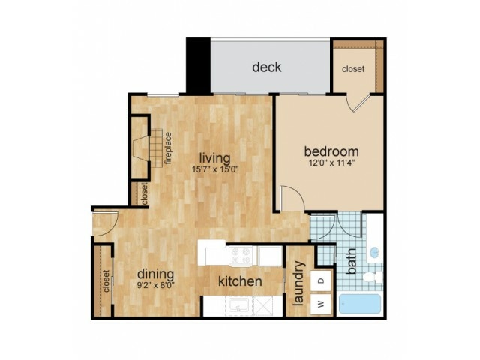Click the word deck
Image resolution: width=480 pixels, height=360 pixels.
click(267, 67)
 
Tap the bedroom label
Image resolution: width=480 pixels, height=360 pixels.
click(330, 150)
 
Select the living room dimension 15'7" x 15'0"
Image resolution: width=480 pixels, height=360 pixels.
click(215, 170)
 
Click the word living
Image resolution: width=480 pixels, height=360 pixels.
click(215, 157)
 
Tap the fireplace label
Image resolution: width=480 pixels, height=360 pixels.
click(169, 148)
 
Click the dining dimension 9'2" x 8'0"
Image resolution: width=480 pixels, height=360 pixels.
click(156, 286)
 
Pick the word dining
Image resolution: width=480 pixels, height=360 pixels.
click(156, 274)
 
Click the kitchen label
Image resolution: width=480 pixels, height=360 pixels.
click(240, 282)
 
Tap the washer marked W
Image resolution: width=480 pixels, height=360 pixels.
click(320, 303)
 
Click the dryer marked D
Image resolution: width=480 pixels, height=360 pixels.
click(320, 280)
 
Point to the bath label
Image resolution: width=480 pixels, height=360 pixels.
click(352, 266)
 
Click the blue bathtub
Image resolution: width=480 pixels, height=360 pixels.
click(361, 303)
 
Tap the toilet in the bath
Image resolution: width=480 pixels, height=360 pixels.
click(370, 279)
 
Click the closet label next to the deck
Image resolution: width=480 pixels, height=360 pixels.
click(353, 69)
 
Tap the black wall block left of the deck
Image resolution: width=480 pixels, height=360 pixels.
click(198, 64)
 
